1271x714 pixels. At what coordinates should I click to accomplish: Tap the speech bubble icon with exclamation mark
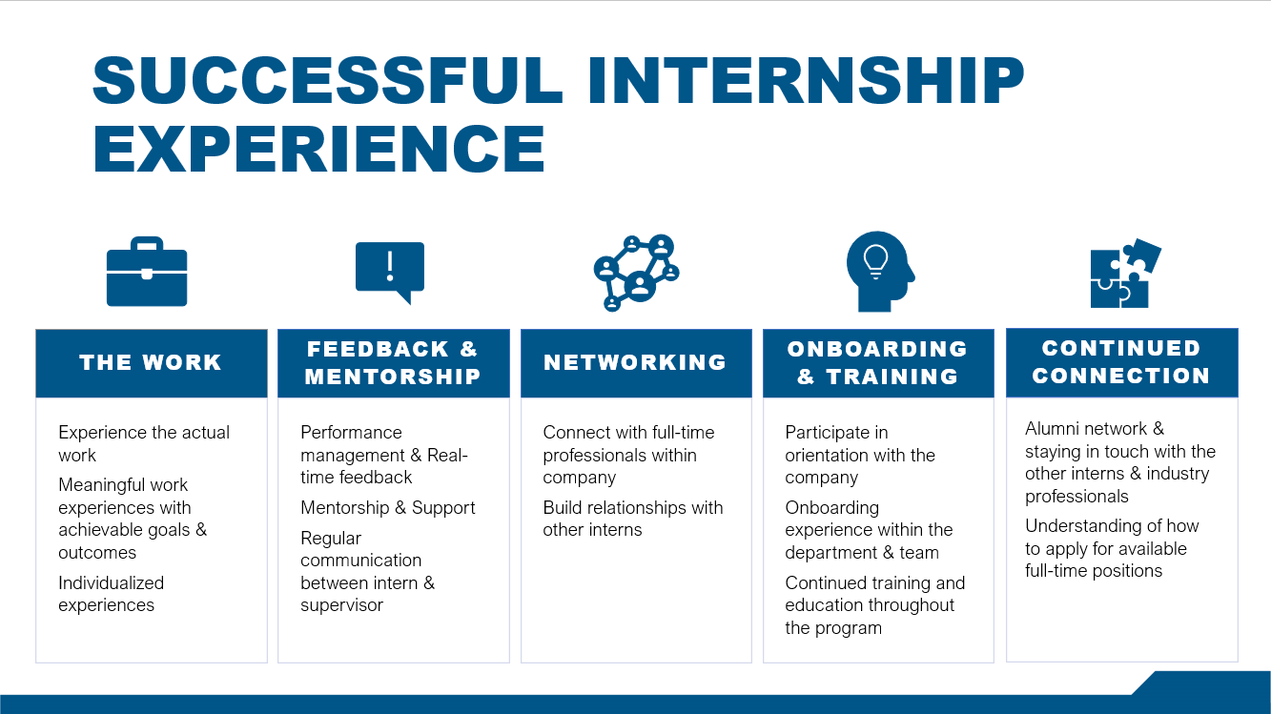(389, 270)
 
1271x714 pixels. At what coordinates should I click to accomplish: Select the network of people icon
(635, 272)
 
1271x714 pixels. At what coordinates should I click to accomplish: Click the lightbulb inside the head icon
(874, 257)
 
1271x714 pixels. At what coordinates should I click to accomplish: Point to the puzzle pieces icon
(1125, 274)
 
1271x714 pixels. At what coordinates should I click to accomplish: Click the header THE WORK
(151, 362)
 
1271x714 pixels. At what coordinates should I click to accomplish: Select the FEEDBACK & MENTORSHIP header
(393, 362)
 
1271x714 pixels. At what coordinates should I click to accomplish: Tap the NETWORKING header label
(635, 362)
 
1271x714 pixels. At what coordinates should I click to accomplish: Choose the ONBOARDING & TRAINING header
(877, 362)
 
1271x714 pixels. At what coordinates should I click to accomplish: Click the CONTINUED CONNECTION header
(1121, 361)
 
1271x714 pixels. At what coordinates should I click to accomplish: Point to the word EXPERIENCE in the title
(319, 149)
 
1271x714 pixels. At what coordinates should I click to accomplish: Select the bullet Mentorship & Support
(388, 507)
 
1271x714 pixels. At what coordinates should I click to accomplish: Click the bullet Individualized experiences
(112, 594)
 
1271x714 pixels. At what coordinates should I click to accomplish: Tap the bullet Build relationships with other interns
(633, 519)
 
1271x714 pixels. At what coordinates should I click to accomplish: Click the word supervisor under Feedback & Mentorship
(341, 605)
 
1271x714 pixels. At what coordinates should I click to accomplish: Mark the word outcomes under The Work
(97, 553)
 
